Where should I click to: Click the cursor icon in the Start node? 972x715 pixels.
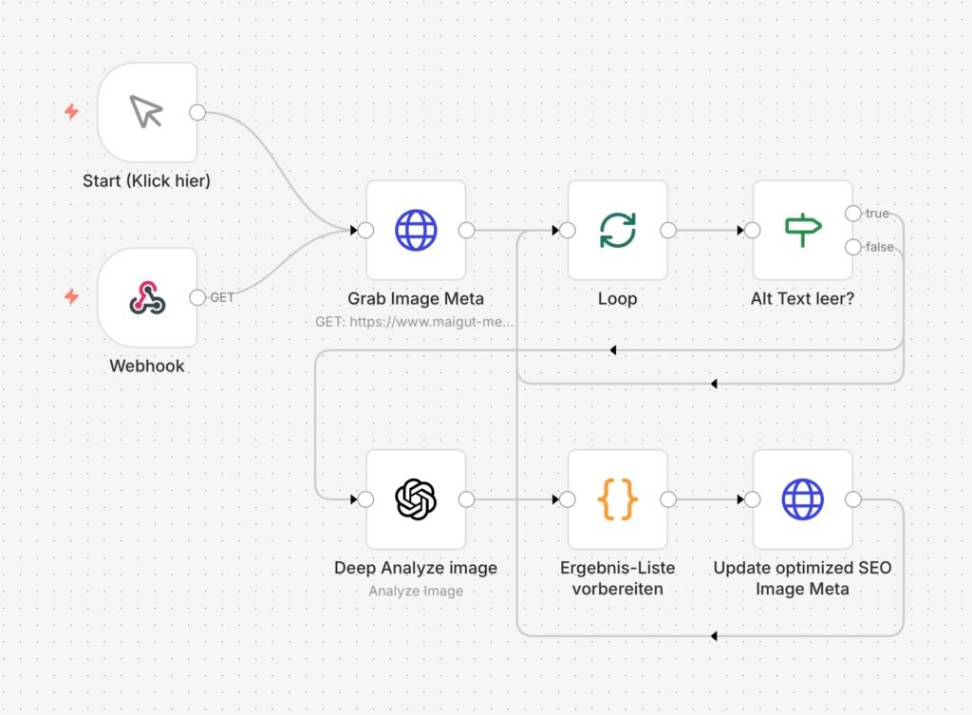coord(146,112)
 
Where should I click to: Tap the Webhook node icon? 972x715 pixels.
coord(147,297)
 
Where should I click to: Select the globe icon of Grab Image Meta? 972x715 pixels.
coord(416,230)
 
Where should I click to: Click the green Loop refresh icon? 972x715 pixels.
coord(617,230)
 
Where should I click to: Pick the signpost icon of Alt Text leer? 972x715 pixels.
coord(802,230)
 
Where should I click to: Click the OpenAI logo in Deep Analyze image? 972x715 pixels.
coord(416,499)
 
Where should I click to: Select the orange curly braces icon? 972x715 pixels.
coord(617,499)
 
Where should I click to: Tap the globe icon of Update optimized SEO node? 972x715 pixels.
coord(802,499)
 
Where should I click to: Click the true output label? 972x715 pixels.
coord(876,214)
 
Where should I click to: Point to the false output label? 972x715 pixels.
coord(879,247)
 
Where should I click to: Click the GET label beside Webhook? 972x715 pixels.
coord(221,297)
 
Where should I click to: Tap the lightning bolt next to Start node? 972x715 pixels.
coord(71,112)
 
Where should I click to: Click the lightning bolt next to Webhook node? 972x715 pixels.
coord(71,297)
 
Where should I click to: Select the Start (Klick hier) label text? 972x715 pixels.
coord(146,180)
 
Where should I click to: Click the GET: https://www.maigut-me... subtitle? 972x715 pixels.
coord(416,322)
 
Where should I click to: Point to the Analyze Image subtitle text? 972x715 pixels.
coord(416,591)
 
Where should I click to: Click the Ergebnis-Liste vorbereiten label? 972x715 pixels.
coord(617,578)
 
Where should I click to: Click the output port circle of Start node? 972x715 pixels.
coord(197,112)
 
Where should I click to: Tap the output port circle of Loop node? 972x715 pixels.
coord(667,230)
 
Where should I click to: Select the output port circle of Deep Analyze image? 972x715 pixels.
coord(466,499)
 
